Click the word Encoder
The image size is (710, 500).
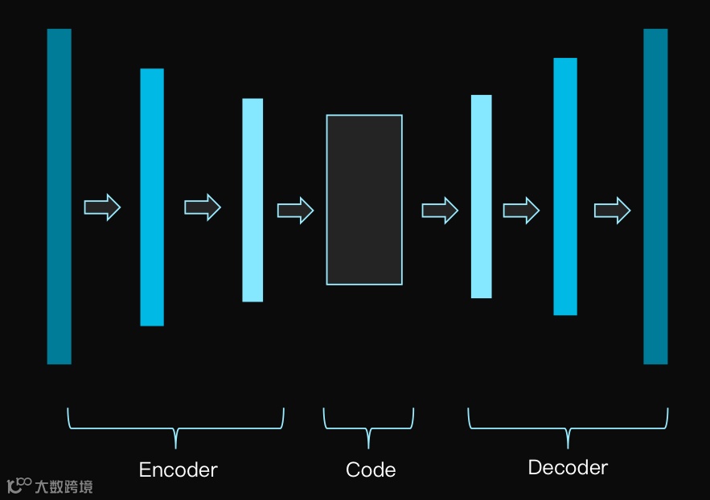(x=178, y=469)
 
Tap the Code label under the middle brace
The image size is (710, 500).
(x=370, y=469)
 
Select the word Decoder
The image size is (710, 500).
(x=568, y=467)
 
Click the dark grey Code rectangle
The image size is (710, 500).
(x=364, y=199)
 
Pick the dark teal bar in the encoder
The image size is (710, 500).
(x=59, y=196)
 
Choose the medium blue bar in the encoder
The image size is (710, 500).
(x=152, y=197)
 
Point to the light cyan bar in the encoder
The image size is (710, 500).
(x=252, y=200)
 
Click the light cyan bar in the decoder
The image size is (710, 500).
(x=481, y=197)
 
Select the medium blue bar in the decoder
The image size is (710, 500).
(x=565, y=186)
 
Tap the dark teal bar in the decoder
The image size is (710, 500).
(x=655, y=196)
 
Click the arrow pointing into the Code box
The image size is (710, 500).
(x=295, y=211)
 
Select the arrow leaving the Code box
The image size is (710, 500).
(x=440, y=211)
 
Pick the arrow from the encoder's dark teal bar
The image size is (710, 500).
(x=102, y=207)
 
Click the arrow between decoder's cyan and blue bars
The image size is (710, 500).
(x=521, y=211)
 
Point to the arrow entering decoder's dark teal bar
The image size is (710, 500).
(x=612, y=211)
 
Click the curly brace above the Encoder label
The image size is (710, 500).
(x=175, y=425)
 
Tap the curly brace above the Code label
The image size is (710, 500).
(x=369, y=425)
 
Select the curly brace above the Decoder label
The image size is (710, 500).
(x=568, y=425)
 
